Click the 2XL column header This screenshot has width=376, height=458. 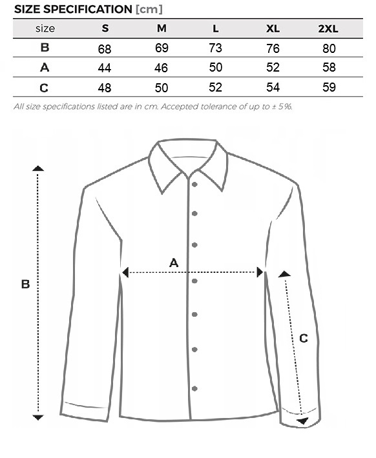click(x=328, y=28)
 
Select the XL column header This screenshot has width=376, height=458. click(x=273, y=28)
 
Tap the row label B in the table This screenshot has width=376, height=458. click(x=45, y=47)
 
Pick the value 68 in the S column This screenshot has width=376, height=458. click(x=105, y=49)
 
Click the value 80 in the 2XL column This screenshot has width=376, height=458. click(x=329, y=48)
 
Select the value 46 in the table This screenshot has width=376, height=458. click(x=161, y=68)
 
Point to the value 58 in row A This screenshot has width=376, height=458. click(x=329, y=68)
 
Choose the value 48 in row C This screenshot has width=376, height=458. click(x=105, y=88)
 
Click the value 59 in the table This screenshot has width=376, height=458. click(x=329, y=87)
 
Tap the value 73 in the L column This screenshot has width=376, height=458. click(x=215, y=48)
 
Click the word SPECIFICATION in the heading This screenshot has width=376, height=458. click(x=87, y=9)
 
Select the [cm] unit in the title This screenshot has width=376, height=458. click(x=149, y=9)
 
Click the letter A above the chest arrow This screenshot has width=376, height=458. click(x=174, y=263)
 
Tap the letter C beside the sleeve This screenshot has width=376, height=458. click(x=304, y=338)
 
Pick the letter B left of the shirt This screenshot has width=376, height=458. click(x=25, y=284)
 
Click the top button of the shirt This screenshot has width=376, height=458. click(x=194, y=184)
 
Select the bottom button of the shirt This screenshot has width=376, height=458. click(x=194, y=388)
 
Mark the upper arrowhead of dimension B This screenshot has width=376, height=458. click(x=38, y=168)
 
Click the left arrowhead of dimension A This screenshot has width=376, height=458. click(x=125, y=272)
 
